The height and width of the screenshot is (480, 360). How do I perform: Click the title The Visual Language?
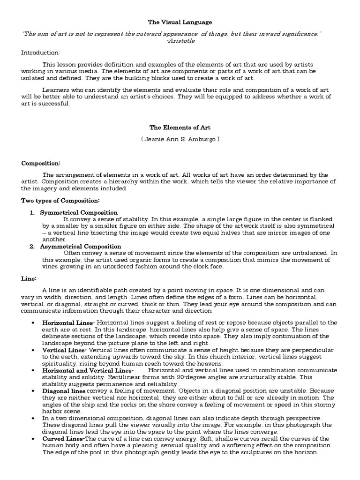[180, 22]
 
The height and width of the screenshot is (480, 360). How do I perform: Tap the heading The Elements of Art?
[180, 127]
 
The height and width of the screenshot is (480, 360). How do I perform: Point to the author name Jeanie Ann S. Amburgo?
[180, 139]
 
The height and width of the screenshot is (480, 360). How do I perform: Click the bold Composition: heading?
[41, 163]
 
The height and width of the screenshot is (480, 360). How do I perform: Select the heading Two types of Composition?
[60, 201]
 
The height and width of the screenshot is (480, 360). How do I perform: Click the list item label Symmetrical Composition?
[79, 212]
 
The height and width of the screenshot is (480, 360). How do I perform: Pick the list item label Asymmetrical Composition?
[81, 246]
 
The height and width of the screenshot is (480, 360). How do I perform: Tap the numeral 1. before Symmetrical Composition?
[32, 212]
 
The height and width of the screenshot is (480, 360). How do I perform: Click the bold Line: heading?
[29, 278]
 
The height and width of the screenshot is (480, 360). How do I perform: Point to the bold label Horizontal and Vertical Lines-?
[83, 370]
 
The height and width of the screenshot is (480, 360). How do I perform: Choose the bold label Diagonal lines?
[64, 390]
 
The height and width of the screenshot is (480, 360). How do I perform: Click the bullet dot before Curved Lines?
[32, 438]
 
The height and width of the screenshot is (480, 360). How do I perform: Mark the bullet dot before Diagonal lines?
[32, 390]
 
